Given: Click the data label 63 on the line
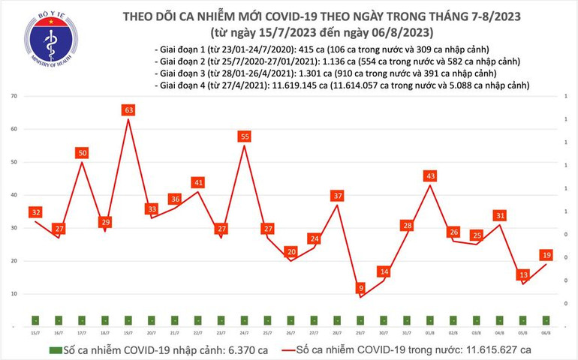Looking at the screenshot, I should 128,111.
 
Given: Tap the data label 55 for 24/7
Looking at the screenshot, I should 244,136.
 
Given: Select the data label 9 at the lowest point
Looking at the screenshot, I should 361,288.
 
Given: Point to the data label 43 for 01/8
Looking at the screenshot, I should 430,175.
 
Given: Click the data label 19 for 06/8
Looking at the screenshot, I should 546,255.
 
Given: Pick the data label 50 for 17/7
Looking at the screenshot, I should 82,153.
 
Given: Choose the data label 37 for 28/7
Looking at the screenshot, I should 337,196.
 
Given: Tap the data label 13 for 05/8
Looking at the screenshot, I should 522,274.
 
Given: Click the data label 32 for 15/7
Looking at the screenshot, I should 35,212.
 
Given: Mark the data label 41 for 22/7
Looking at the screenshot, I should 198,182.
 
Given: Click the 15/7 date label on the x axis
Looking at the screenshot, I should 35,332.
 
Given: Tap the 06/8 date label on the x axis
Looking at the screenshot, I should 546,332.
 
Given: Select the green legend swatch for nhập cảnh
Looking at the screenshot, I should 55,350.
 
